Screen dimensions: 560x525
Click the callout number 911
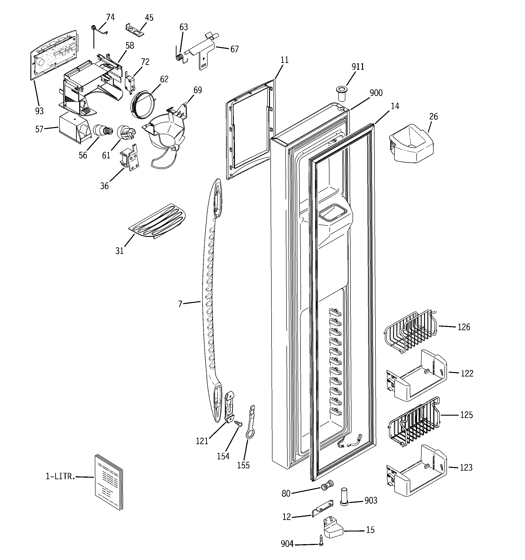click(x=358, y=67)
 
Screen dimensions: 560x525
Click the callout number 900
click(x=376, y=93)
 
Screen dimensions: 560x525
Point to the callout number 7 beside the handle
click(x=180, y=304)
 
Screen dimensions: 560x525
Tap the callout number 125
click(x=466, y=415)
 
